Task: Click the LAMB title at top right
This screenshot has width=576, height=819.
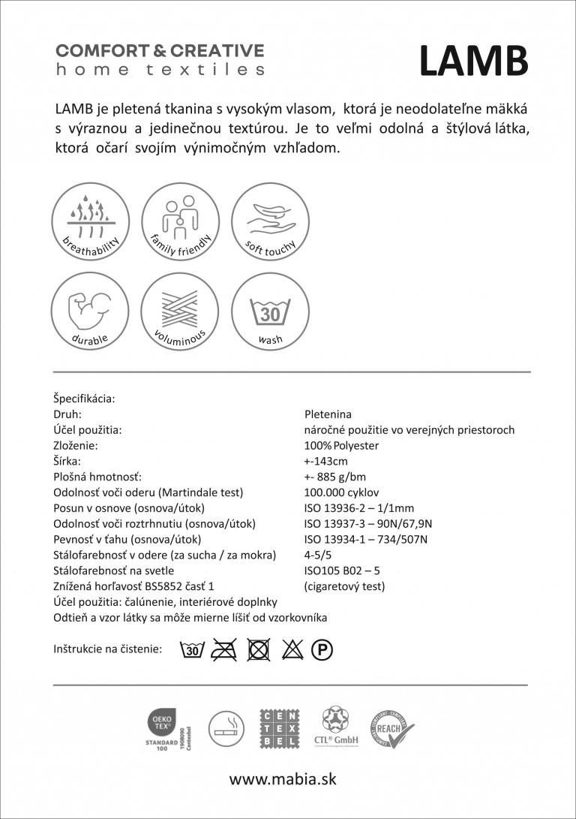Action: coord(472,61)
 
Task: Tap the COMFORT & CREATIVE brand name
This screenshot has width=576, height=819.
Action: coord(160,51)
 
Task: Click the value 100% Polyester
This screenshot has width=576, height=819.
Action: coord(341,446)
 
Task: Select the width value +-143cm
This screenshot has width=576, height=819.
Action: coord(325,462)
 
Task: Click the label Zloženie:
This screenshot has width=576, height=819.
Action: coord(76,446)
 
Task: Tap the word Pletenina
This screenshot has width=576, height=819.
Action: coord(328,414)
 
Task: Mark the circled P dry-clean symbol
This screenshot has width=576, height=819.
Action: coord(322,650)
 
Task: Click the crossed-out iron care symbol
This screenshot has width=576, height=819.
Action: coord(224,649)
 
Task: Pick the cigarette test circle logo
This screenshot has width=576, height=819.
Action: coord(226,728)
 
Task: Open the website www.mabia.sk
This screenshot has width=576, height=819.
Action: coord(283,779)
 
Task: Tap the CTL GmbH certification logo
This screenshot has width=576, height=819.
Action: coord(336,727)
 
